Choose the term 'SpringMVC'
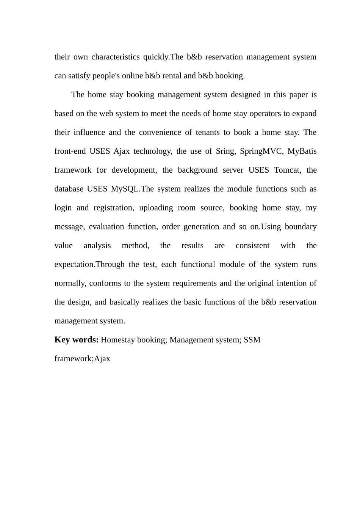point(261,151)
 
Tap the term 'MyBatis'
point(302,151)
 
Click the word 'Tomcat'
point(287,170)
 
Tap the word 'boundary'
point(301,227)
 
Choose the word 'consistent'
point(252,246)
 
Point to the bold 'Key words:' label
point(77,340)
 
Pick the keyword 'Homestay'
point(118,340)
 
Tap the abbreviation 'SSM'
point(252,340)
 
